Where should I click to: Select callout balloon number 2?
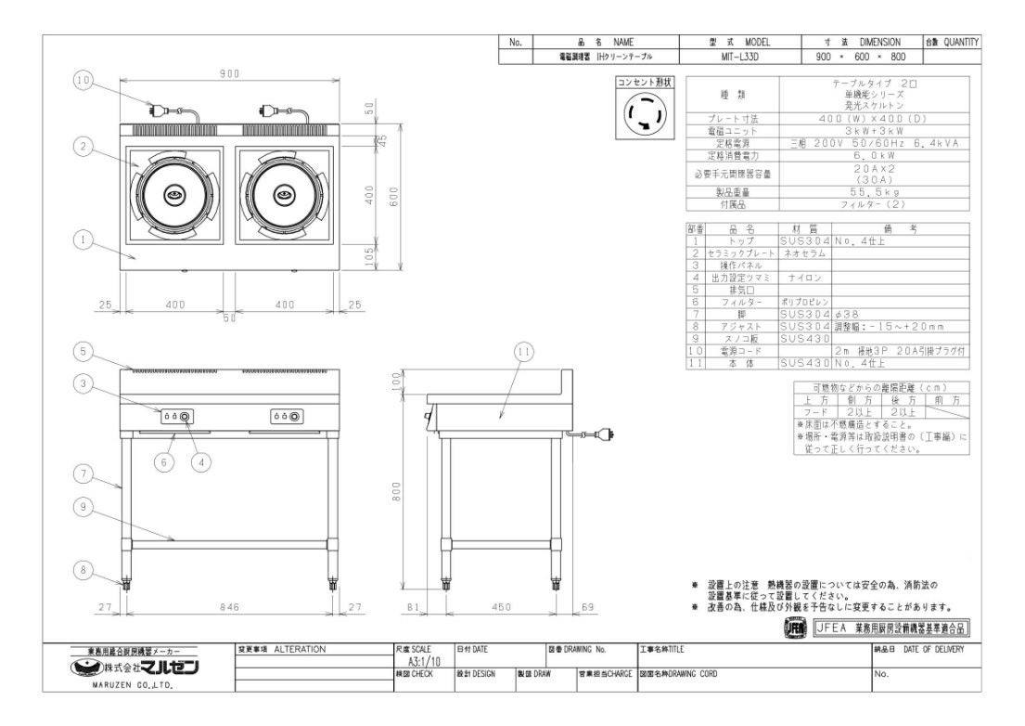(x=83, y=146)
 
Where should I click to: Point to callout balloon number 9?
(x=83, y=506)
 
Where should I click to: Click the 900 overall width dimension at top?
(x=231, y=73)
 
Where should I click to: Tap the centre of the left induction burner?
(x=173, y=195)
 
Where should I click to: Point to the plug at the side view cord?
(x=606, y=432)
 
